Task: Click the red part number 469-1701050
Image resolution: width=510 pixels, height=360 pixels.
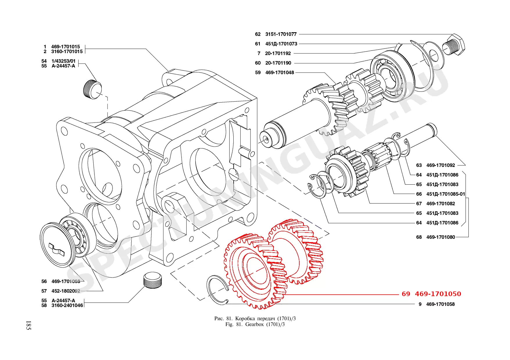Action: [438, 294]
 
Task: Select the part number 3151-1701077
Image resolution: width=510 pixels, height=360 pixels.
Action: [281, 34]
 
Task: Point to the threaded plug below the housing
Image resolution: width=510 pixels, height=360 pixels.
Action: [153, 280]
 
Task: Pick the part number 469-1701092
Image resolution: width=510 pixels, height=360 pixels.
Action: [441, 165]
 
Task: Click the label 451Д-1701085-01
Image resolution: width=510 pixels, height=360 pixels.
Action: [445, 194]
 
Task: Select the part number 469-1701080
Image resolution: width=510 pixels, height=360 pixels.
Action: [441, 237]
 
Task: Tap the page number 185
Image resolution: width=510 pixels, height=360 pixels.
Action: [28, 325]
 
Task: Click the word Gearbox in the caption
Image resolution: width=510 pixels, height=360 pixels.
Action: [254, 324]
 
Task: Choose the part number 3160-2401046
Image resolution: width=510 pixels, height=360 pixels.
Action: [67, 305]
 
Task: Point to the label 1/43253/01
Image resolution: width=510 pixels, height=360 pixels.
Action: [63, 61]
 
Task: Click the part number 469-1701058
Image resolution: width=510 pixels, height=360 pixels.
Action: [440, 304]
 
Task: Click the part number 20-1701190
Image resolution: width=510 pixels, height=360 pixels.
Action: [278, 63]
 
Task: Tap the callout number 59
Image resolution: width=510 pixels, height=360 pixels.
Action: [258, 73]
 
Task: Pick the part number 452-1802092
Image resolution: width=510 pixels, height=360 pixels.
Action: [66, 291]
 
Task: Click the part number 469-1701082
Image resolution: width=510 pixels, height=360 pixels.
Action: [441, 204]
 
